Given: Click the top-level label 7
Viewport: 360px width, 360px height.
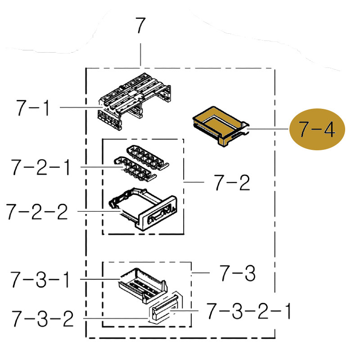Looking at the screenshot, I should coord(140,26).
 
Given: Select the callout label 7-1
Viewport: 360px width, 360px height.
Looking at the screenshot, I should coord(32,108).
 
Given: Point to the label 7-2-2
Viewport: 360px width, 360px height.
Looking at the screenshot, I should coord(37,211).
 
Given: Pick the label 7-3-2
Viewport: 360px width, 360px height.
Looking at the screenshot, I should coord(43,319).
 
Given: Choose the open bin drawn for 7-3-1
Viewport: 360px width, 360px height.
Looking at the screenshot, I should coord(142,282).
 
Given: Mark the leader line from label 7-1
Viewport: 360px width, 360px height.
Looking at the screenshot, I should coord(79,108).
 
